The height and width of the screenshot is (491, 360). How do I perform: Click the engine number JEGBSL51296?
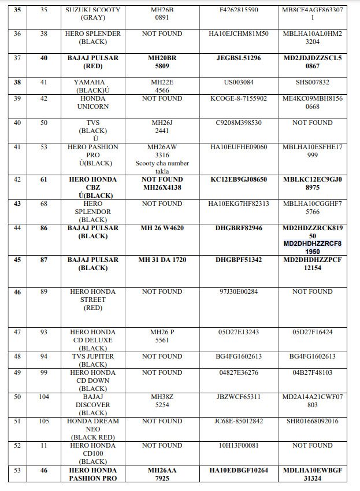pos(238,58)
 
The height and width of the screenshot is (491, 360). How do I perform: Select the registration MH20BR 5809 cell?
pos(162,62)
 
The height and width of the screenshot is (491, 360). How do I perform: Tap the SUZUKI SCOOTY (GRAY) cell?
pos(93,14)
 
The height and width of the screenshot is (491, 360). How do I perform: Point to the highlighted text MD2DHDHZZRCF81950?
pos(313,248)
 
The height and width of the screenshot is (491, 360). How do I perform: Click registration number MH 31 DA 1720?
pos(162,260)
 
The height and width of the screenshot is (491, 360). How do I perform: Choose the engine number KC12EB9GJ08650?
pos(238,180)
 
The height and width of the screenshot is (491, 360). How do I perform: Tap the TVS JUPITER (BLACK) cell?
pos(93,360)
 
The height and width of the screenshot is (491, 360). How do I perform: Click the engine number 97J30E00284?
pos(238,292)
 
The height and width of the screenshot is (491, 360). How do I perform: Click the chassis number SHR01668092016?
pos(313,422)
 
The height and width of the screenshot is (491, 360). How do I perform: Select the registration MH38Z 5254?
pos(162,401)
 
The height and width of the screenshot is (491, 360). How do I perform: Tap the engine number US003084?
pos(238,83)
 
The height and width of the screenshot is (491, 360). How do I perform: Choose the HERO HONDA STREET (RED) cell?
pos(93,300)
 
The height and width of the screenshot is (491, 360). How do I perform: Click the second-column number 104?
pos(43,397)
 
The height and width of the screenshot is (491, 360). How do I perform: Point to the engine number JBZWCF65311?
pos(238,397)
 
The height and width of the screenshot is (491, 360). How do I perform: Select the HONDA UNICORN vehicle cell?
pos(93,103)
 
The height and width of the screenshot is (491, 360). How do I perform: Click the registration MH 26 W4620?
pos(162,228)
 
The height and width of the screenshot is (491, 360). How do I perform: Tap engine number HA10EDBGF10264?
pos(238,471)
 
